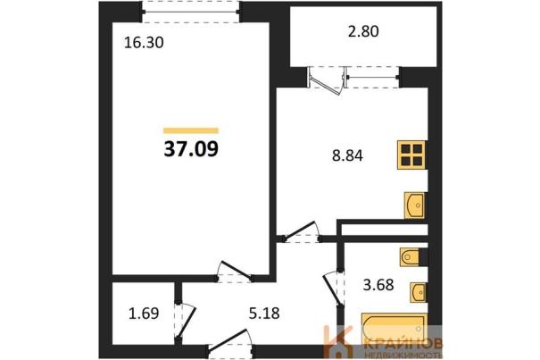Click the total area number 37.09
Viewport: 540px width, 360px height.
191,149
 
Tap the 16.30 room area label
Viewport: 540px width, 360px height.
144,43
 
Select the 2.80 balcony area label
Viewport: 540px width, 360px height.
363,31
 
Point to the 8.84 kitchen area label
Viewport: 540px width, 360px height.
347,155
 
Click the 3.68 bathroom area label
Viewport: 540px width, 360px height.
378,285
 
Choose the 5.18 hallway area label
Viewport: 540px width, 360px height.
264,314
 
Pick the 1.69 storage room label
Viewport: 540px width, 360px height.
144,314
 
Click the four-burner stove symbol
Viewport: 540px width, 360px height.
411,155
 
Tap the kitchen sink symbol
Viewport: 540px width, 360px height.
415,205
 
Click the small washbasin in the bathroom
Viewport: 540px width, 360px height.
419,293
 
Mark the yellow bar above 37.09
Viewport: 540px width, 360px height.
191,130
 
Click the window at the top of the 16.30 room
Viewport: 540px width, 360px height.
191,12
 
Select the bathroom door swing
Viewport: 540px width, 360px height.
333,289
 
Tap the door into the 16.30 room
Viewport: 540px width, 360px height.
236,272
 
